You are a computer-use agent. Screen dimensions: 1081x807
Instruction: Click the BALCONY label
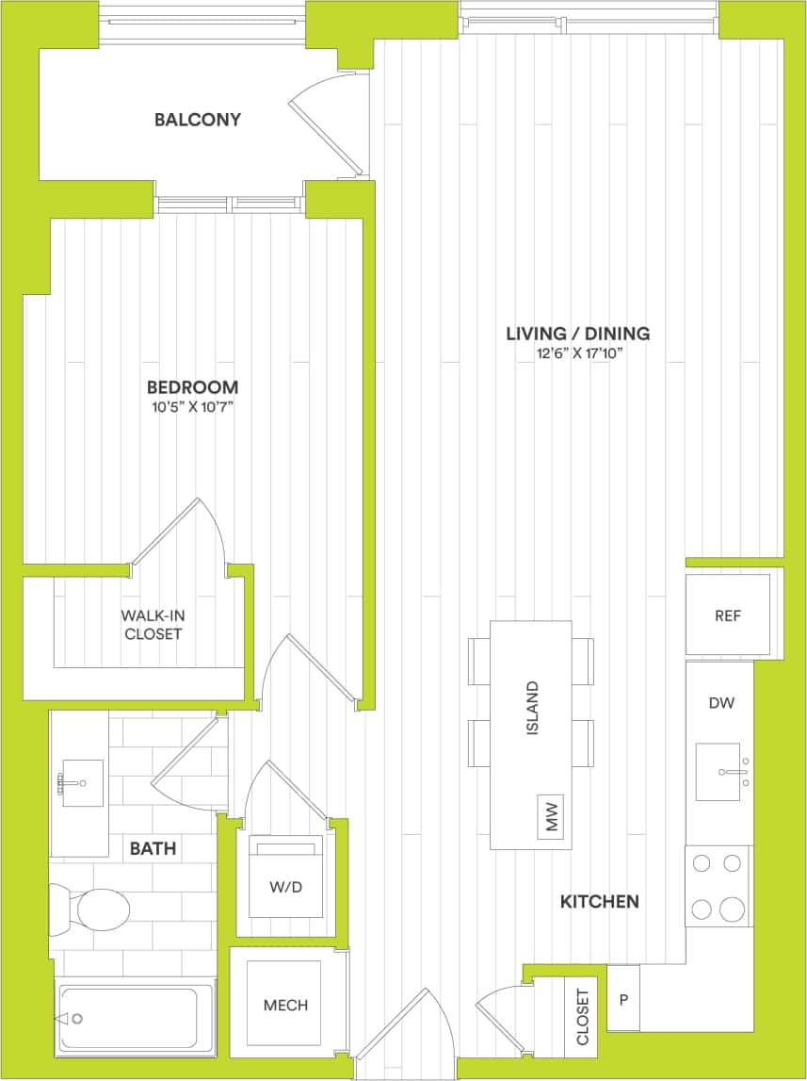point(198,120)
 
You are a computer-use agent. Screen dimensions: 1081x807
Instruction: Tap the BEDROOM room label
point(192,387)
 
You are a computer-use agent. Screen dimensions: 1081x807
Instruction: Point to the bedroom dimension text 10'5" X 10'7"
point(192,407)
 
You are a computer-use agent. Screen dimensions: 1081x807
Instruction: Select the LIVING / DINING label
point(577,334)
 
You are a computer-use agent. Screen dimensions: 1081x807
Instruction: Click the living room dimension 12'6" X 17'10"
point(577,353)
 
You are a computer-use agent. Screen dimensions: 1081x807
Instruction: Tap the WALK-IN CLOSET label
point(151,625)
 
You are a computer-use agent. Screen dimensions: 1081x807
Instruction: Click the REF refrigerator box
point(728,616)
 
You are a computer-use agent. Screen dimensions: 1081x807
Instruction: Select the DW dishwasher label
point(721,702)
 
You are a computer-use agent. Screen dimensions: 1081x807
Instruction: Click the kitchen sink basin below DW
point(718,771)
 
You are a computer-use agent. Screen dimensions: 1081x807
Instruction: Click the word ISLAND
point(532,708)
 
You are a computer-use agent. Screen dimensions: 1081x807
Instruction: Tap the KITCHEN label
point(600,902)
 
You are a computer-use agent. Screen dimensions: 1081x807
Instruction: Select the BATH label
point(153,849)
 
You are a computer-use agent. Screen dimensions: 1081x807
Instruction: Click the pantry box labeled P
point(623,998)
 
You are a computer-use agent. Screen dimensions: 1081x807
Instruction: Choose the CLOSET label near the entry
point(582,1017)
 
